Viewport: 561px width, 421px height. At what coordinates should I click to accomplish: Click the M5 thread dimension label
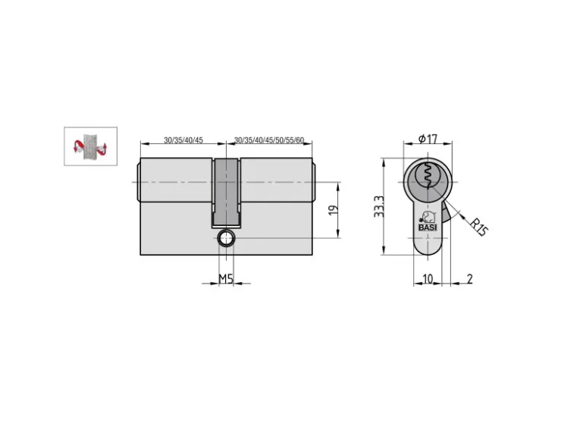[226, 278]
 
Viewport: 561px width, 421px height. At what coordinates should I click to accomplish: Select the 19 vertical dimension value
[333, 210]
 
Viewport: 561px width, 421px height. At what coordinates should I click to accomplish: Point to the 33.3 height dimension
[379, 206]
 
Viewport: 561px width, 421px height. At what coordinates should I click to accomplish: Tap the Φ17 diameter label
[428, 139]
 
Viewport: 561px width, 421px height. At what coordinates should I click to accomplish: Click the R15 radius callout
[478, 227]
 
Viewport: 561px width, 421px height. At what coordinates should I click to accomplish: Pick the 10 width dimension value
[428, 278]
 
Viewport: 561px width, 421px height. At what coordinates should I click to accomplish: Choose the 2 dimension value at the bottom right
[470, 278]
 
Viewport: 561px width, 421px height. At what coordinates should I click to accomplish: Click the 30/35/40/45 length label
[183, 140]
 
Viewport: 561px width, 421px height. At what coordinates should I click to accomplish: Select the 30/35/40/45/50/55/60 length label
[269, 140]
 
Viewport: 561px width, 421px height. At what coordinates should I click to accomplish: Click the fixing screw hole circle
[226, 238]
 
